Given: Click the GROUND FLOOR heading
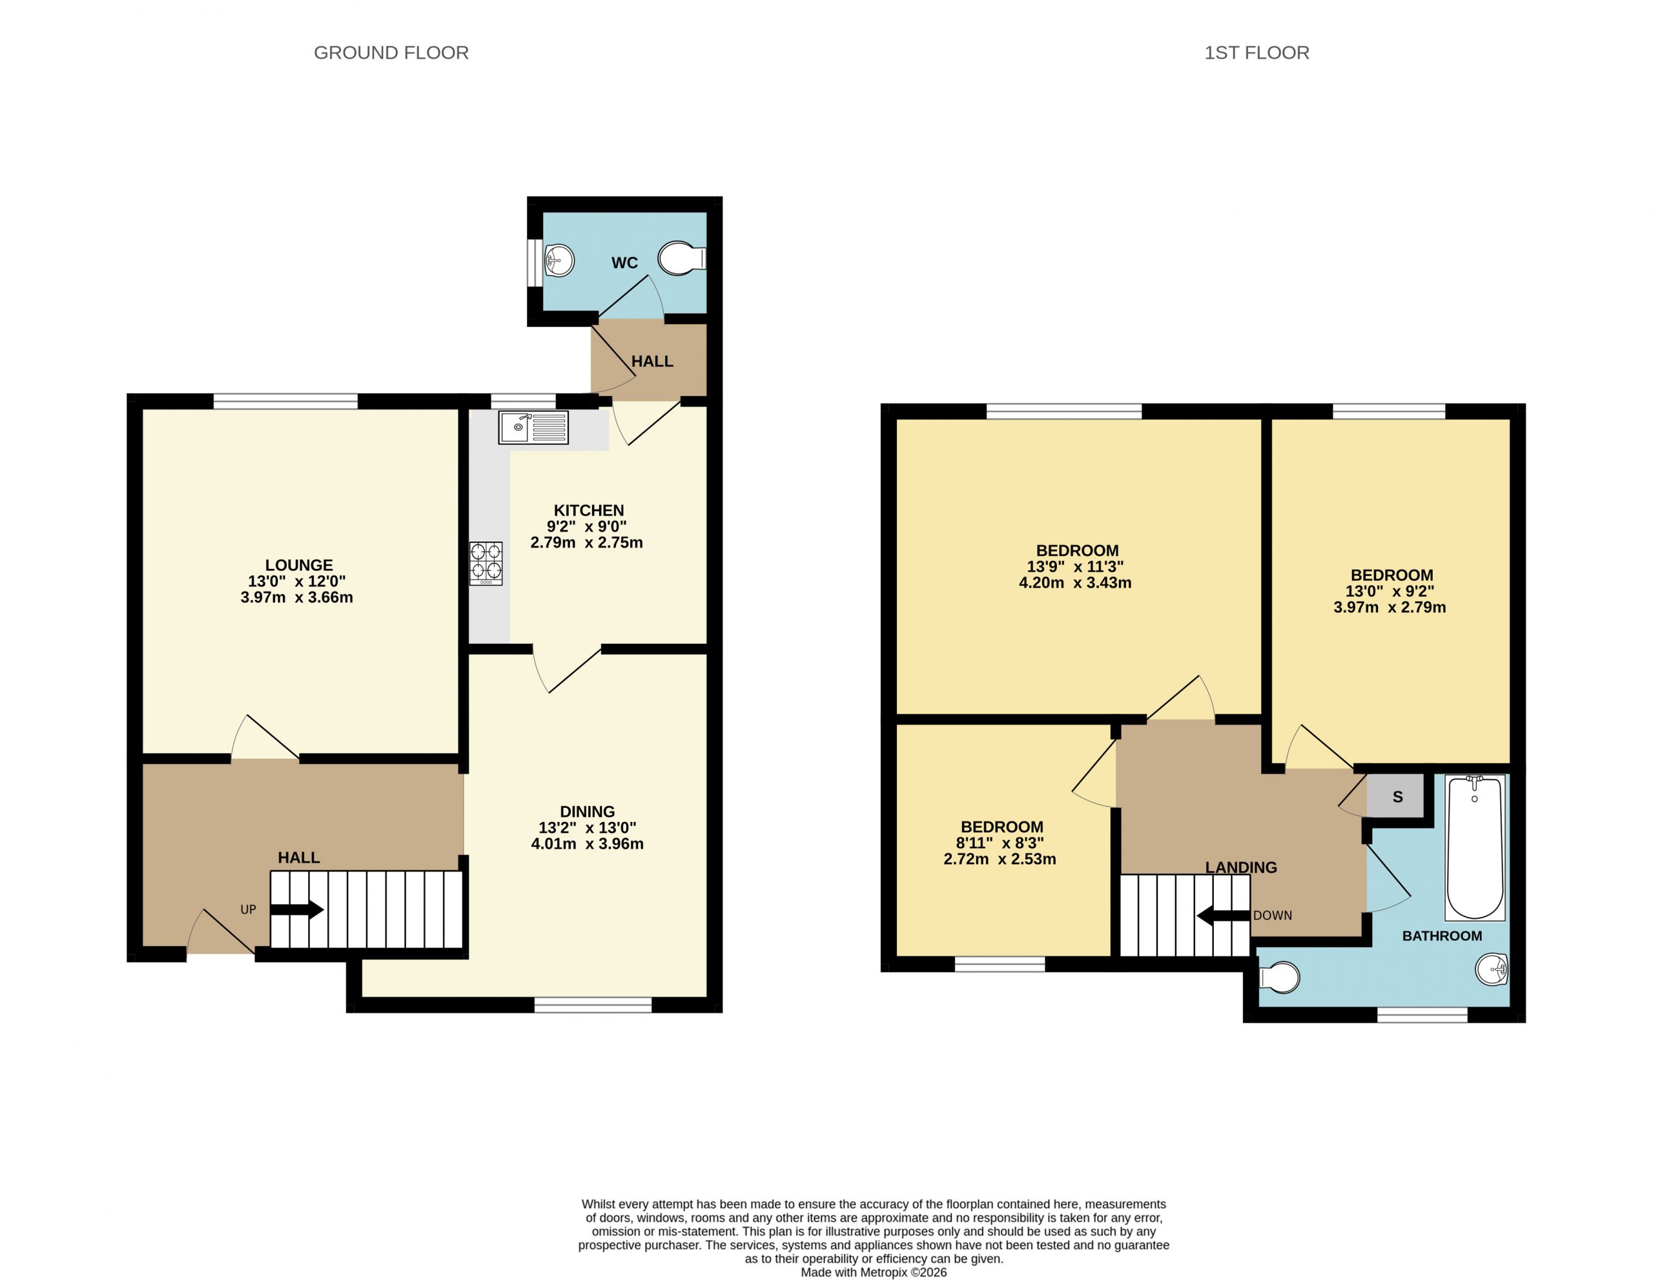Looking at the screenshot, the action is (x=391, y=53).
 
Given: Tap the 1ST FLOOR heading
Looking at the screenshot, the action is (x=1257, y=53).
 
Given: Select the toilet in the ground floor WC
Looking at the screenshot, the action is (x=682, y=259).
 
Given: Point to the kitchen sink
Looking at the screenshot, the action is (x=533, y=428).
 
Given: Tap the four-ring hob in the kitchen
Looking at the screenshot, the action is (x=486, y=563).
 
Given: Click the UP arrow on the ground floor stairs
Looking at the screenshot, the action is (x=296, y=910).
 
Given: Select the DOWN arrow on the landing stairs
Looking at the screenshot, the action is (x=1222, y=916).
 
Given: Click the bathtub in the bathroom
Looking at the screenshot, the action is (x=1475, y=847).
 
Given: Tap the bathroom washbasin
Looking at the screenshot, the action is (x=1492, y=969).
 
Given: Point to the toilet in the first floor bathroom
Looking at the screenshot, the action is (x=1279, y=977).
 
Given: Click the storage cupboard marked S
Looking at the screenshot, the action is (x=1397, y=796).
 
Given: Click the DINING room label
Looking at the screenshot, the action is (x=588, y=811).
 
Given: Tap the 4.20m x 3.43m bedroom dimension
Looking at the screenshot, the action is (x=1076, y=583).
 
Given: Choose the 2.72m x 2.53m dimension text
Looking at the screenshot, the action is (x=1000, y=859).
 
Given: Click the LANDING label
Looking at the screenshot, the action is (x=1241, y=867).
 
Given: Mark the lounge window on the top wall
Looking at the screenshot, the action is (x=285, y=401).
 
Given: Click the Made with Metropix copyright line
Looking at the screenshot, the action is (x=874, y=1272).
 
